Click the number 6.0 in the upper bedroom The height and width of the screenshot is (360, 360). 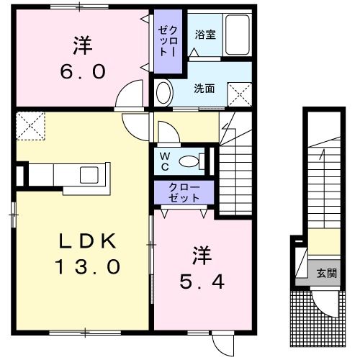[x=81, y=72]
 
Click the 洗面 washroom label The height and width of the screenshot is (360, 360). [x=204, y=89]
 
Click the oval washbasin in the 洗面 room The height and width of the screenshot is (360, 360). [x=164, y=93]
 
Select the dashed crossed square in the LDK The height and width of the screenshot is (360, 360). [x=30, y=125]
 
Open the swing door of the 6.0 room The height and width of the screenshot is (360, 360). [x=131, y=94]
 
